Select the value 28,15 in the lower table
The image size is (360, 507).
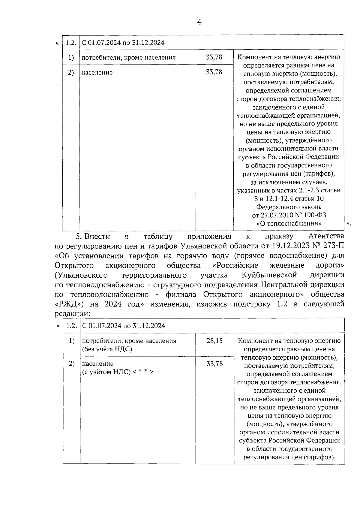pos(214,341)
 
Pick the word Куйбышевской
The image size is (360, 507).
pos(269,275)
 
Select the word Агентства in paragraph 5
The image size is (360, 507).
pos(326,236)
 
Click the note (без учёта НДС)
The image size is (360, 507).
pos(107,349)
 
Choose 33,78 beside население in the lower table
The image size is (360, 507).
pos(214,364)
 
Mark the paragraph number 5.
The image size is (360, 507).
pos(79,236)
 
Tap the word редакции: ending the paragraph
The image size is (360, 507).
pos(72,314)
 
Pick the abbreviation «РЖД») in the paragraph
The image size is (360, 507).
pos(70,304)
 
